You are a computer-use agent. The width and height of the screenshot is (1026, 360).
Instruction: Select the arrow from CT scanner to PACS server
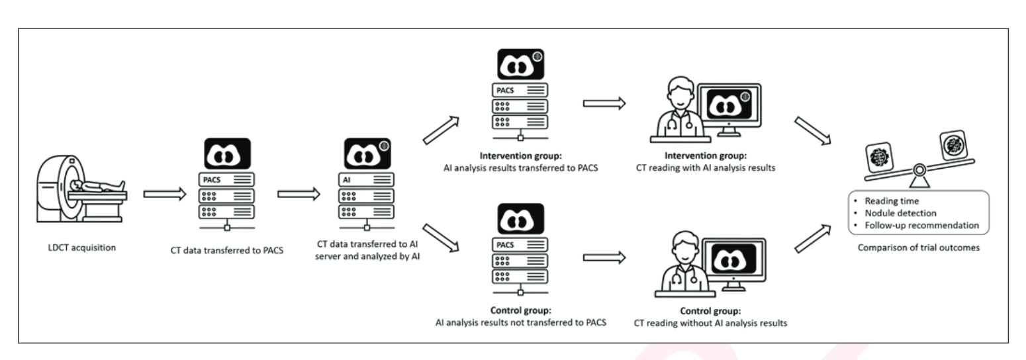click(165, 194)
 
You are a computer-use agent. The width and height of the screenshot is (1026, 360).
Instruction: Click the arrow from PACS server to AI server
click(299, 194)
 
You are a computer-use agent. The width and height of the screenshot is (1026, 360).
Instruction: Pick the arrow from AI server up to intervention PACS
click(441, 130)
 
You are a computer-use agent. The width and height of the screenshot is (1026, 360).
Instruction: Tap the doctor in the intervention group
click(678, 112)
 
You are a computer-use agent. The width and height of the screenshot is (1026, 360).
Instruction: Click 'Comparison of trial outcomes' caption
click(918, 248)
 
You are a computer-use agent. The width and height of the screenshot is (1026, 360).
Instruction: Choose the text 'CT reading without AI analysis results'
click(710, 324)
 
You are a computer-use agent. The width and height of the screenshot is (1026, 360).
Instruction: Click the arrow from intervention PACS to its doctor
click(604, 103)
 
